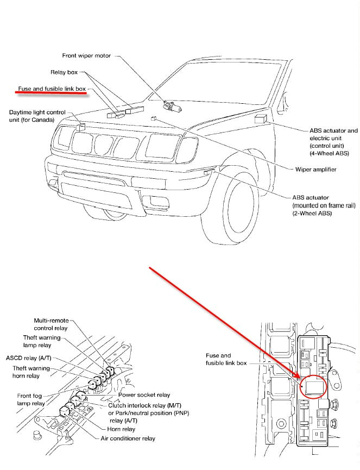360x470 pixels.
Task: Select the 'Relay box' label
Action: [x=64, y=72]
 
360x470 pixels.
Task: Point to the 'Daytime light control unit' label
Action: [x=37, y=116]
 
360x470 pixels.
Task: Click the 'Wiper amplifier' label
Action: [x=315, y=170]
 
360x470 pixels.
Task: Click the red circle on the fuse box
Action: [x=312, y=386]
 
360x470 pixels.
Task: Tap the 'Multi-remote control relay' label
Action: [x=50, y=324]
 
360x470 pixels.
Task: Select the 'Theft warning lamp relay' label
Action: [x=41, y=341]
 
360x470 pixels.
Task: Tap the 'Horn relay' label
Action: [x=122, y=429]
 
